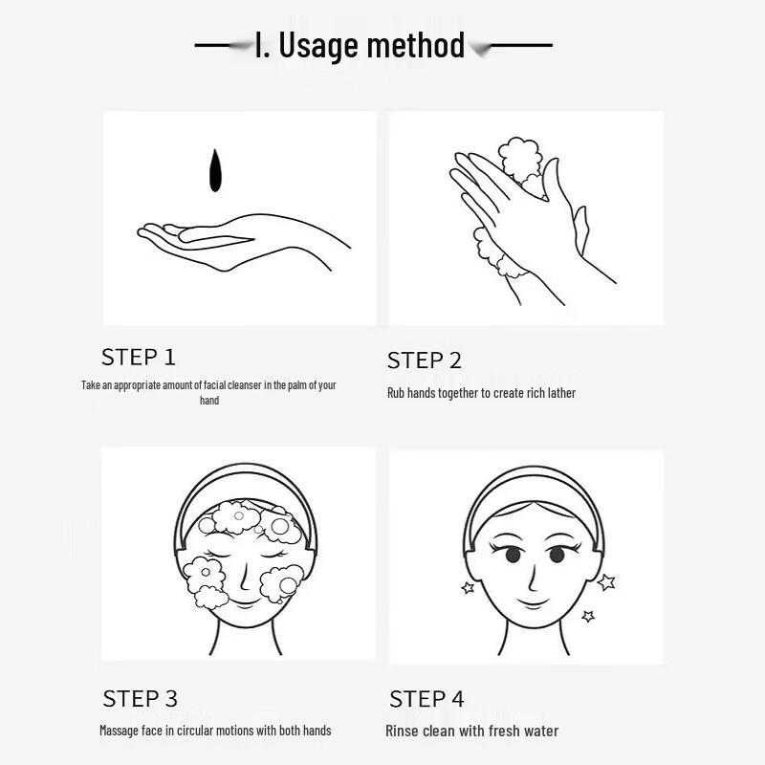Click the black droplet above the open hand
[214, 171]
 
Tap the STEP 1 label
[138, 357]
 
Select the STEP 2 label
[424, 361]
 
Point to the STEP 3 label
[140, 699]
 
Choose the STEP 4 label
[426, 699]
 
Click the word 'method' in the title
[416, 45]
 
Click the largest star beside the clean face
[606, 582]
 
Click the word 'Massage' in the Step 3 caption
[119, 731]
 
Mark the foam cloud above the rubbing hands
[520, 158]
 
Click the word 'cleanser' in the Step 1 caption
[245, 385]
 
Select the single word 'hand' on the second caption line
[209, 401]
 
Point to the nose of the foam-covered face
[245, 576]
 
